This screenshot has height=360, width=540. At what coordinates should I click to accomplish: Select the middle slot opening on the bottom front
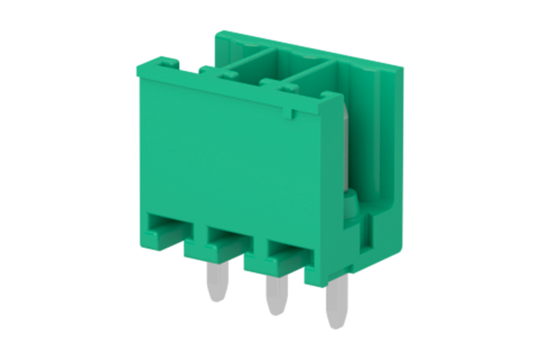click(225, 240)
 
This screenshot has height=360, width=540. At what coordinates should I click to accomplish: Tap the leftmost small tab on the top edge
click(166, 65)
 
